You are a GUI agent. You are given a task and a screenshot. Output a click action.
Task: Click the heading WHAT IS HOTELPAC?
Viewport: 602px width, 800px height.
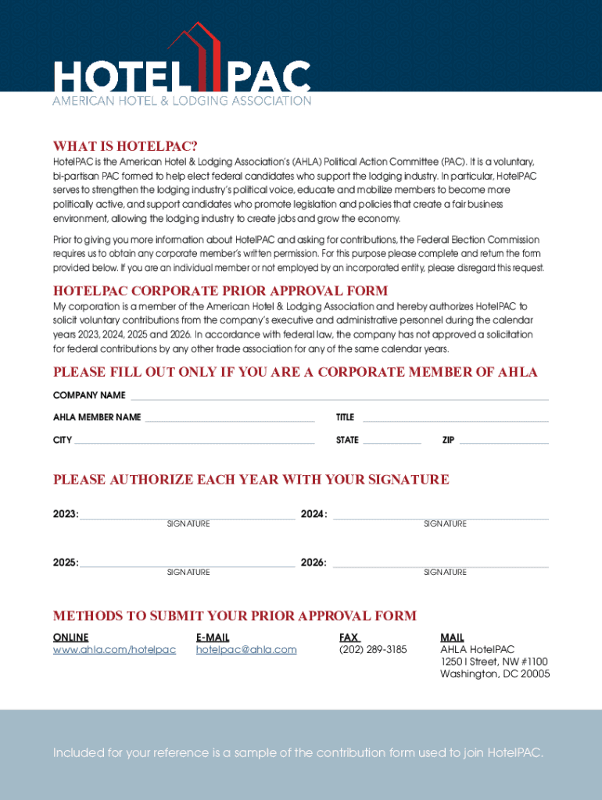(125, 146)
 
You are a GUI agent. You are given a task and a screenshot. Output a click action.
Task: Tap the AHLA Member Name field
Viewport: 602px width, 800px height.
(230, 420)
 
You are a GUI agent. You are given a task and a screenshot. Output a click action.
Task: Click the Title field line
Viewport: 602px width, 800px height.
(455, 420)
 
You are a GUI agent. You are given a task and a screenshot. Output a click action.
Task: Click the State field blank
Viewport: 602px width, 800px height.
(392, 442)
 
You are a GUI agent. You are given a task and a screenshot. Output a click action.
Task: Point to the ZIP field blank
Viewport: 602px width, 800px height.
(503, 442)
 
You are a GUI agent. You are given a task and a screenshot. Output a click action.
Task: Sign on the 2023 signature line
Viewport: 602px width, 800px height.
(188, 516)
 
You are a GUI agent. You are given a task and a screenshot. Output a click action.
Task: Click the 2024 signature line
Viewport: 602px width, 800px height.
(441, 516)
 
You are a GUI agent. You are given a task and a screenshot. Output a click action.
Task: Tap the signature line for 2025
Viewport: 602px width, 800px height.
(188, 564)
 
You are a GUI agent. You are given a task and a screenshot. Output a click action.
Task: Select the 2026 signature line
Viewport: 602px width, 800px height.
(441, 564)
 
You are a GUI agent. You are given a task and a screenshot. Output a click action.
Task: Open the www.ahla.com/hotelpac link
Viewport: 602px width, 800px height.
(114, 650)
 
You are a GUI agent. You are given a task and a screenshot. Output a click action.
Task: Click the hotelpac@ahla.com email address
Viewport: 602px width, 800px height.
(246, 650)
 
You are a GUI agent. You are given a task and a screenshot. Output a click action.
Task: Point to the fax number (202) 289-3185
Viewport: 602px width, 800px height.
(373, 650)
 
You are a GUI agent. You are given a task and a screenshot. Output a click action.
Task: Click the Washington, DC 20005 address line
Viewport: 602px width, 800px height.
(495, 673)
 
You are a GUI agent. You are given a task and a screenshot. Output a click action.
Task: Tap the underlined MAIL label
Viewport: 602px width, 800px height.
(452, 637)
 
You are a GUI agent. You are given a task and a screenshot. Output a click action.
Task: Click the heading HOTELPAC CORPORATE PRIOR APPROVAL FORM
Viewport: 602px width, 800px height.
(220, 291)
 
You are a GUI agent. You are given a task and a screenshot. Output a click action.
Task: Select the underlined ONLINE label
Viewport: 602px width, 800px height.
(70, 637)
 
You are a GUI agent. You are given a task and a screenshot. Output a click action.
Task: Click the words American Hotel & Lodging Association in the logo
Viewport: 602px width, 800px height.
(181, 102)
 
